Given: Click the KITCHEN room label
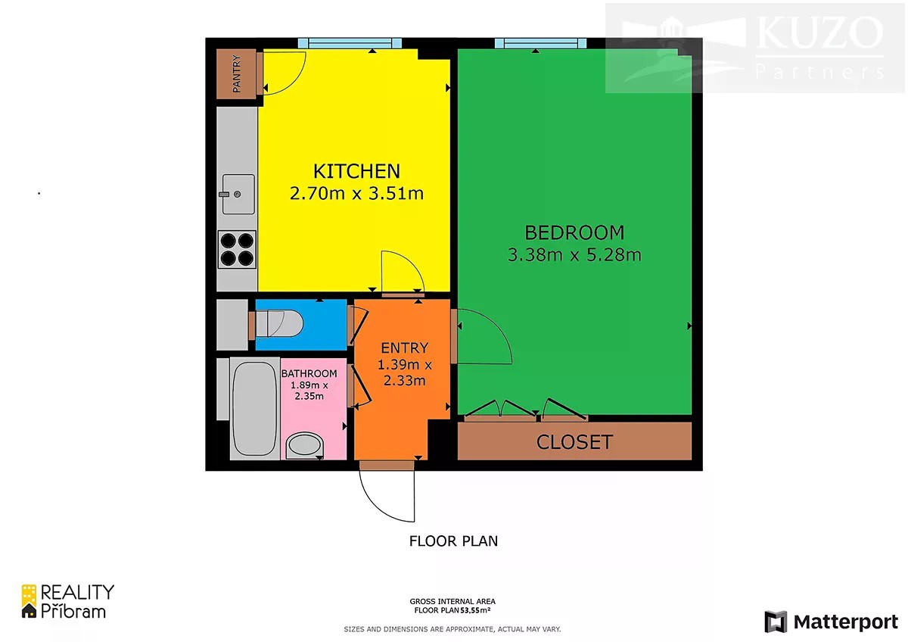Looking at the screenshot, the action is [356, 171].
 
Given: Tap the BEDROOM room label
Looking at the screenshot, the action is [574, 232].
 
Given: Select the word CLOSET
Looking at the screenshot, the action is [574, 442].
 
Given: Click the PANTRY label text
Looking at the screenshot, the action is [236, 73].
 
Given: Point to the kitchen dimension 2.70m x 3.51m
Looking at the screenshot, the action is [356, 194].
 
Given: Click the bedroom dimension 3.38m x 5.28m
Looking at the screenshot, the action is [574, 255].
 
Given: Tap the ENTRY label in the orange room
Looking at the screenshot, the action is [405, 348].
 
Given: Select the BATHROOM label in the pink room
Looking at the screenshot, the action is [309, 373].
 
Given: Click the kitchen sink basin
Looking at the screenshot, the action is [238, 195].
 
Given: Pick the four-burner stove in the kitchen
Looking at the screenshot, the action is [237, 249].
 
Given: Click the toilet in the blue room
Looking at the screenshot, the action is [279, 323].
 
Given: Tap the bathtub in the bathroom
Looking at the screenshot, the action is [254, 408].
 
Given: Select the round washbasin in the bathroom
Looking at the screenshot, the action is [305, 447].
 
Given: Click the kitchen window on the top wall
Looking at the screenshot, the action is [350, 43].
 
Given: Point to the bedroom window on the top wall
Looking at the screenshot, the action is [541, 43].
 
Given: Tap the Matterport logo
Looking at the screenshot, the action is [831, 622].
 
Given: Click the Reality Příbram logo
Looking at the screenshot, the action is [67, 601].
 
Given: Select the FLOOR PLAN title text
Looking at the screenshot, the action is [453, 541].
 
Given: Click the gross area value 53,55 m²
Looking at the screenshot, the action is [475, 610].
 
